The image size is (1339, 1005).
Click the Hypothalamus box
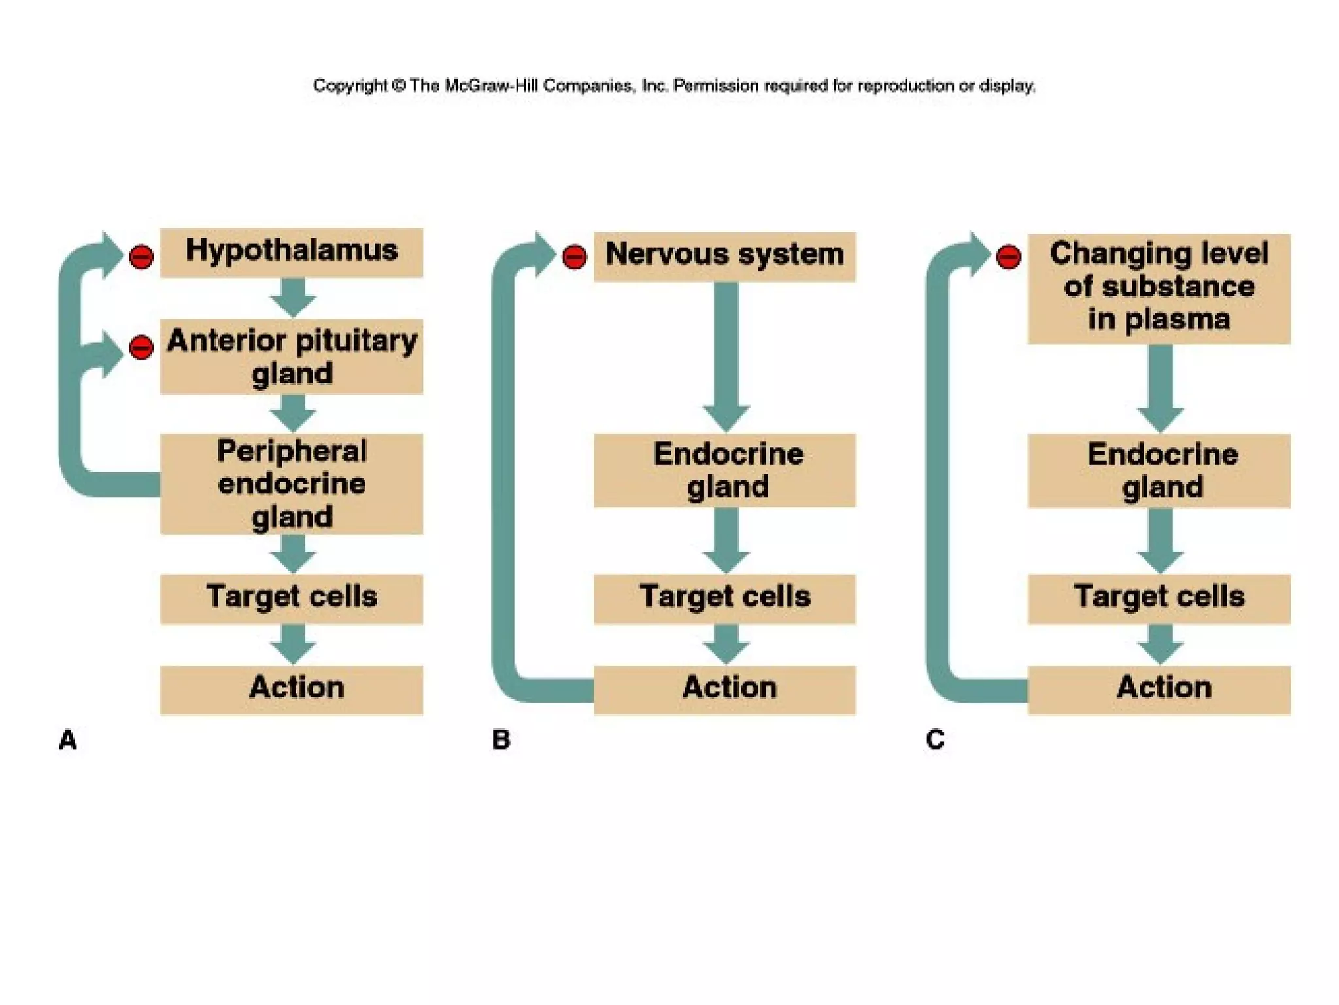click(292, 253)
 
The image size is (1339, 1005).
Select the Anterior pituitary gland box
click(292, 357)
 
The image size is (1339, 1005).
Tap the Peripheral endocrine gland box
click(292, 484)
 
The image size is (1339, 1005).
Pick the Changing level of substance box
click(1159, 289)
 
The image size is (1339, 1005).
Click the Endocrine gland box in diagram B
click(724, 470)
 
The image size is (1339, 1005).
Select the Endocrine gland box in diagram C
click(1159, 470)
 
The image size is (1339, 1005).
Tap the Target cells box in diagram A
click(292, 598)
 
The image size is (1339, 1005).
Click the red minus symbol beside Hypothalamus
click(141, 256)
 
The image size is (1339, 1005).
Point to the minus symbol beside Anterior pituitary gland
click(141, 347)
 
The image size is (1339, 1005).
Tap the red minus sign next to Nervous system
click(574, 256)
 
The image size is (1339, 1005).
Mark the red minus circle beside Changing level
click(1008, 256)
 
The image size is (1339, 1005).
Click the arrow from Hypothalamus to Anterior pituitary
click(293, 296)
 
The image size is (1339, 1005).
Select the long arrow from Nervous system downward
click(726, 353)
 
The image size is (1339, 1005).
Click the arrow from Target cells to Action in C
click(1160, 643)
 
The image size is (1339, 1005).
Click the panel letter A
click(68, 740)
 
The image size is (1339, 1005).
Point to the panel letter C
click(935, 740)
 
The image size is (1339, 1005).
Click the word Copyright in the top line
click(350, 86)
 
